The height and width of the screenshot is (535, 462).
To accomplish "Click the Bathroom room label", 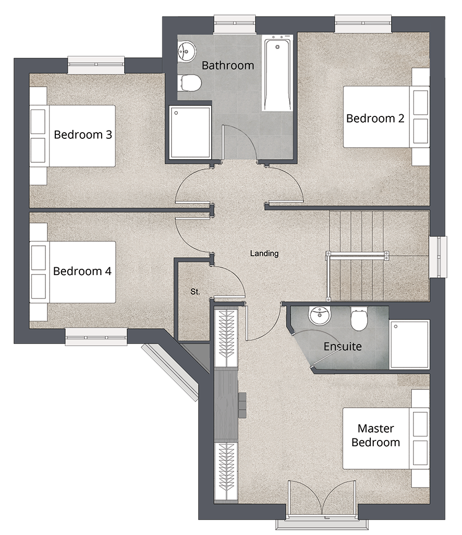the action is (x=228, y=65).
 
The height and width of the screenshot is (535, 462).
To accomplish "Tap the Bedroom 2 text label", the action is (x=375, y=118).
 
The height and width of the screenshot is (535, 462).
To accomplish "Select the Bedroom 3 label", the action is (x=83, y=135).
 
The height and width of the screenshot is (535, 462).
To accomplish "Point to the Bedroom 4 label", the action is (x=82, y=271).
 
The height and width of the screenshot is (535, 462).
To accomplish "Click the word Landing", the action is (x=264, y=254).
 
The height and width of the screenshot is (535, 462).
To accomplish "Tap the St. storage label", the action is (x=195, y=292).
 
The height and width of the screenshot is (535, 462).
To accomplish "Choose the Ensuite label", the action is (x=343, y=347).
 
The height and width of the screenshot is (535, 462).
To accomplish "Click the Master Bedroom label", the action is (x=376, y=435).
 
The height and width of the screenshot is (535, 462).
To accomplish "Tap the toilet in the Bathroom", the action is (x=189, y=82).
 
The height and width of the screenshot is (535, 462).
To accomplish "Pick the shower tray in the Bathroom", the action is (x=190, y=132).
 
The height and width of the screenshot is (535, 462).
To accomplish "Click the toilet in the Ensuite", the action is (x=359, y=319).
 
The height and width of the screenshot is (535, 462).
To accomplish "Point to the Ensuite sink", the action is (x=320, y=315).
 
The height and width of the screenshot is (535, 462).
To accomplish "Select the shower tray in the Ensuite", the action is (x=409, y=344).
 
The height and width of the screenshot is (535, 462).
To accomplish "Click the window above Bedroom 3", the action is (x=96, y=65).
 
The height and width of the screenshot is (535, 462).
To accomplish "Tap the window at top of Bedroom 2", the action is (x=363, y=23).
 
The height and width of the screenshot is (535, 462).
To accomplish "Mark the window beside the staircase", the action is (x=438, y=257).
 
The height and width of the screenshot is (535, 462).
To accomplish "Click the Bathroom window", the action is (x=235, y=24).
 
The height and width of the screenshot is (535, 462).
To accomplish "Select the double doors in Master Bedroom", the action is (x=322, y=501).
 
